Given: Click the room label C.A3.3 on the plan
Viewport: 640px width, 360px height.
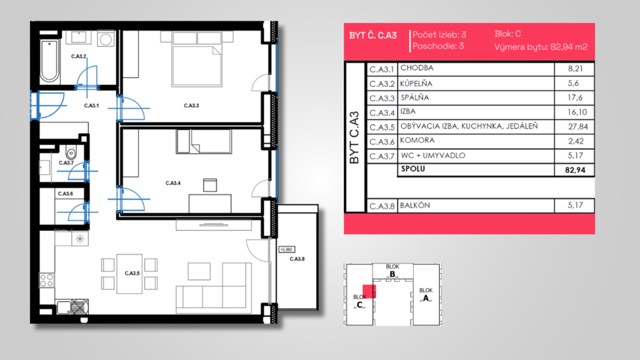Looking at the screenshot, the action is coord(191,106).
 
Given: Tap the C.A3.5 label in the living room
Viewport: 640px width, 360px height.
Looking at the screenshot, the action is coord(132,273).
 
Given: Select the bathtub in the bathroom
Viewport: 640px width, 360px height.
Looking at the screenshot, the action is coord(49,61).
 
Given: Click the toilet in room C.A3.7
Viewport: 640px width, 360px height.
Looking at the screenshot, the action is coord(71,152).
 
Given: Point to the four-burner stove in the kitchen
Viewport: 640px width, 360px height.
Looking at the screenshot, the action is coord(46,281).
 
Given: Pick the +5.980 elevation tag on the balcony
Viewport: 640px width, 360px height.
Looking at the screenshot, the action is coord(286,249).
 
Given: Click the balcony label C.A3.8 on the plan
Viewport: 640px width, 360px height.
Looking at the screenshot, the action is coord(297,259).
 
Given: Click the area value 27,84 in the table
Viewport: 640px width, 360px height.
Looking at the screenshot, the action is coord(577,126).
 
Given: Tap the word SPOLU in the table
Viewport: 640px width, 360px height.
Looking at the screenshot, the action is coord(412,169).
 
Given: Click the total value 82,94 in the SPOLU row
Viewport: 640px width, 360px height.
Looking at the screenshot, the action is coord(575,170).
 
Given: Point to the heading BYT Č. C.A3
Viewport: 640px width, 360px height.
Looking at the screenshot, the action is coord(372,36).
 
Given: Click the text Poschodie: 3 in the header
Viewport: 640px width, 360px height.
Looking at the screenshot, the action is coord(438,46).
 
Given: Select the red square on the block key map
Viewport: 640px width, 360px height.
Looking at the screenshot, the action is coord(369,291).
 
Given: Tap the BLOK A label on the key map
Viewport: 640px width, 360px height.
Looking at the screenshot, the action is coord(426,294).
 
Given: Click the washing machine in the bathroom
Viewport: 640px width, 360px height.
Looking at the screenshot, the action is coord(106,39).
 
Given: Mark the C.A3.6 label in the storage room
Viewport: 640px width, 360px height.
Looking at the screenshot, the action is coord(65,194).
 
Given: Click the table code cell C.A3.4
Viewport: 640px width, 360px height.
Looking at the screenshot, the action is coord(382,112).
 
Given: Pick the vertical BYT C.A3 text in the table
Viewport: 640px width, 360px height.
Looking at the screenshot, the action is coord(354,137).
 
